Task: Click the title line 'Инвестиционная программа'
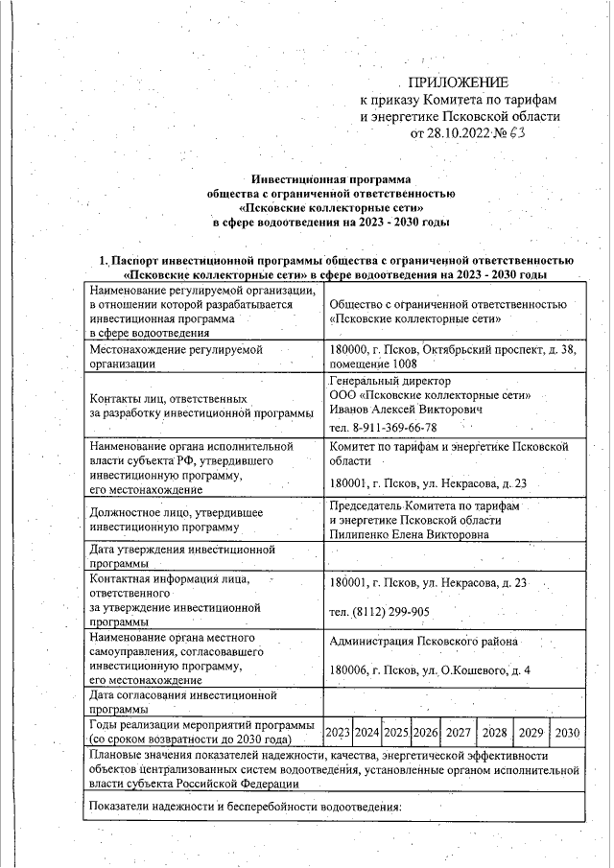point(329,178)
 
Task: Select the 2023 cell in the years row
point(337,733)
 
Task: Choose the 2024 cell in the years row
point(366,733)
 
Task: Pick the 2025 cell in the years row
point(396,733)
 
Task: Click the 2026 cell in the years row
point(425,733)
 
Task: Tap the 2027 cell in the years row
point(459,733)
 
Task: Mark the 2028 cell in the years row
point(495,733)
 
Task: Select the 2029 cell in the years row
point(531,733)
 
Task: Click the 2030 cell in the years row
point(567,733)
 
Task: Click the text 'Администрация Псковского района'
point(423,642)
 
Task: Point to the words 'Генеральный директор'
point(383,380)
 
